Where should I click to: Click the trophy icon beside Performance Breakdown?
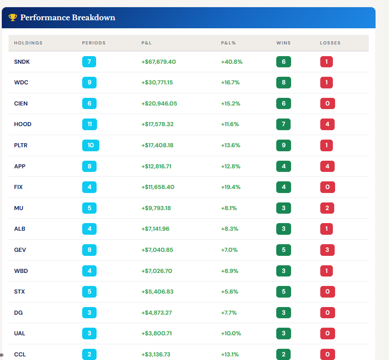click(x=13, y=18)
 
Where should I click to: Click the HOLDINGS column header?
click(x=28, y=43)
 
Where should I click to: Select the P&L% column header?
click(x=228, y=43)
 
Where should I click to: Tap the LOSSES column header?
click(x=330, y=43)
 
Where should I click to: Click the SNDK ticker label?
click(x=22, y=61)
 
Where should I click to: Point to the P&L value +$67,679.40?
click(x=159, y=61)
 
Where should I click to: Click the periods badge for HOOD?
click(x=89, y=124)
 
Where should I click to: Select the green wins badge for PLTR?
click(x=283, y=145)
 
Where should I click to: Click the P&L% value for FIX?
click(x=230, y=187)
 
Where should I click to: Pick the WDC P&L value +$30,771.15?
click(x=157, y=83)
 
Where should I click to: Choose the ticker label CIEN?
click(x=21, y=103)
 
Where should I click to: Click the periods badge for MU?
click(x=89, y=208)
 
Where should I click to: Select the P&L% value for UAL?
click(x=231, y=334)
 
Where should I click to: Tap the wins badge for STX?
click(x=283, y=292)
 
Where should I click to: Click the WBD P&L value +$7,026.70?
click(x=157, y=271)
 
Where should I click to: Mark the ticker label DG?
click(x=18, y=312)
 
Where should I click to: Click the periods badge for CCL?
click(x=89, y=355)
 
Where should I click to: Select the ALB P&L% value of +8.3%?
click(x=230, y=229)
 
